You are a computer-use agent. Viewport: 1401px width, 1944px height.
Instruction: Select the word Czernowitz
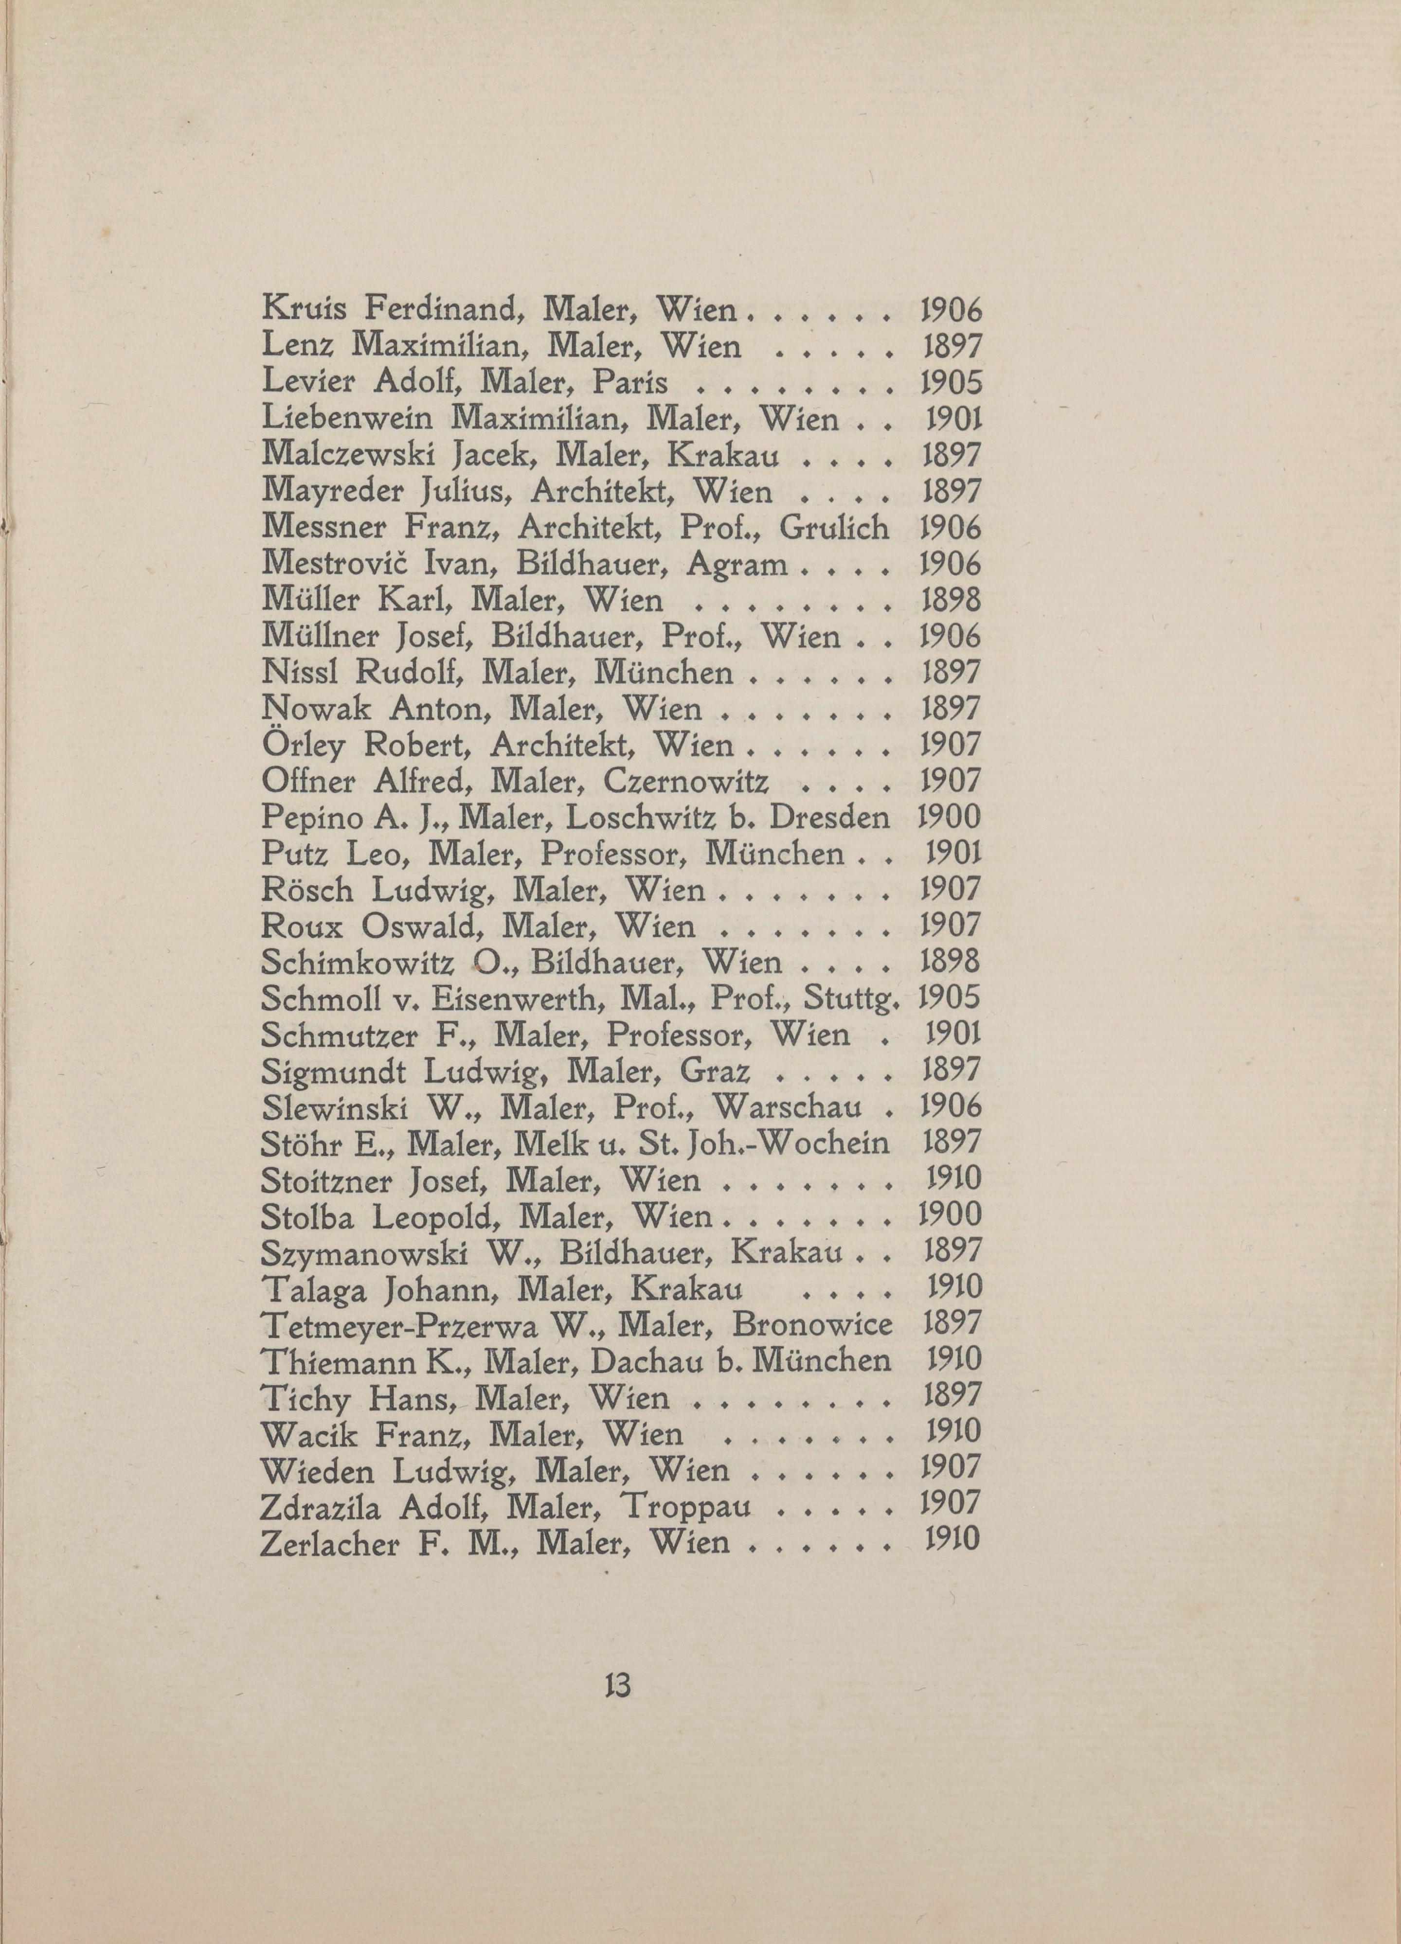click(686, 782)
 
